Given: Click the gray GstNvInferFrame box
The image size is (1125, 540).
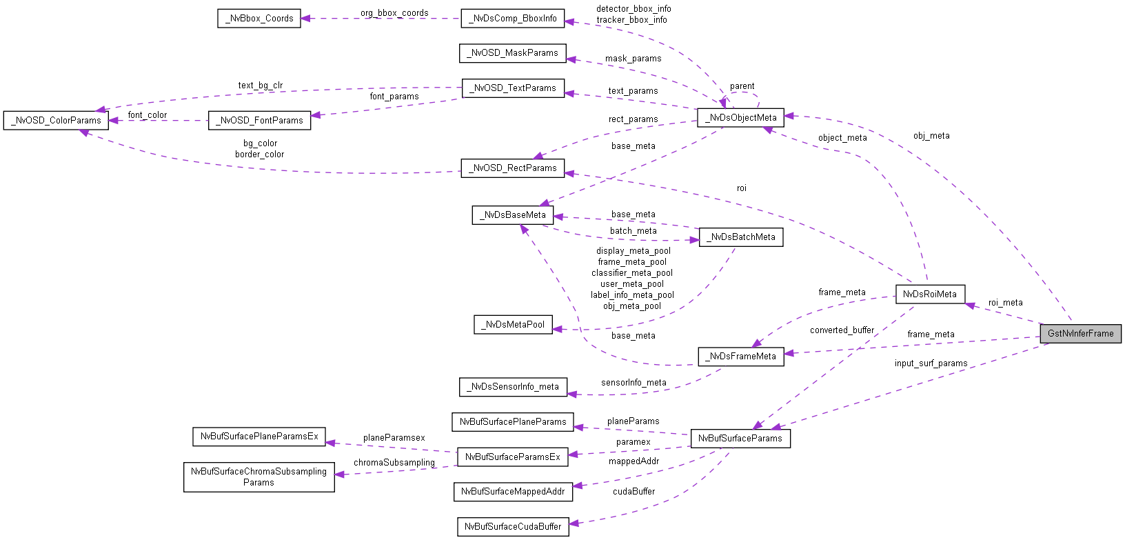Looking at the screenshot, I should pos(1080,334).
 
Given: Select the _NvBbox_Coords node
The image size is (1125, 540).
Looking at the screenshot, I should pos(259,19).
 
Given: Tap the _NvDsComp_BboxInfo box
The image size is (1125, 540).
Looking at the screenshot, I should pos(512,19).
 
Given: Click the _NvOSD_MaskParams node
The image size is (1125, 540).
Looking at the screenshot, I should pos(512,53).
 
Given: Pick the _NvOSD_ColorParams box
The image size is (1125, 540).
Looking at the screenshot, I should pos(56,121).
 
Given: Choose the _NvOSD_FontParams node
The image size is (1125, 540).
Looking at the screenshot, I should pos(259,121).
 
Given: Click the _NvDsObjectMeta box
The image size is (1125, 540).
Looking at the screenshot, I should pos(740,118).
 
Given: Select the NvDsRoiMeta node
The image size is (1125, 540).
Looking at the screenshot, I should pos(929,294).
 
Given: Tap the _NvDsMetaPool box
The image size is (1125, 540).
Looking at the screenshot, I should pos(513,325).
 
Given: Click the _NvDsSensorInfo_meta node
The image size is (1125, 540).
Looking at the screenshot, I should pos(513,387).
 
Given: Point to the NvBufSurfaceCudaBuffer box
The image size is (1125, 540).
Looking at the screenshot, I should pos(513,527).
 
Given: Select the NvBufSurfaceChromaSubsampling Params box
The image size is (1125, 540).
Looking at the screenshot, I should pos(259,477).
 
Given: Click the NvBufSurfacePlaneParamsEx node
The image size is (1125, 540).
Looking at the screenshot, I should pos(259,437).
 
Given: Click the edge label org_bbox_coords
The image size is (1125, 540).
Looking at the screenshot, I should pos(394,13).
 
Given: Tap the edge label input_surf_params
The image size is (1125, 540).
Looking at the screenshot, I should pos(931,363).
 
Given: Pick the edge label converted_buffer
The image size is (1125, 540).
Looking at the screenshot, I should pos(842,330).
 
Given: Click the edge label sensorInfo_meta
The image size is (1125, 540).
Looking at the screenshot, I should pos(634,383).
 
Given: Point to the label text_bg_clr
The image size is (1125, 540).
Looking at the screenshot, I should pos(261,86).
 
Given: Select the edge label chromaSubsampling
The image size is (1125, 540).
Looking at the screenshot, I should pos(394,463).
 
